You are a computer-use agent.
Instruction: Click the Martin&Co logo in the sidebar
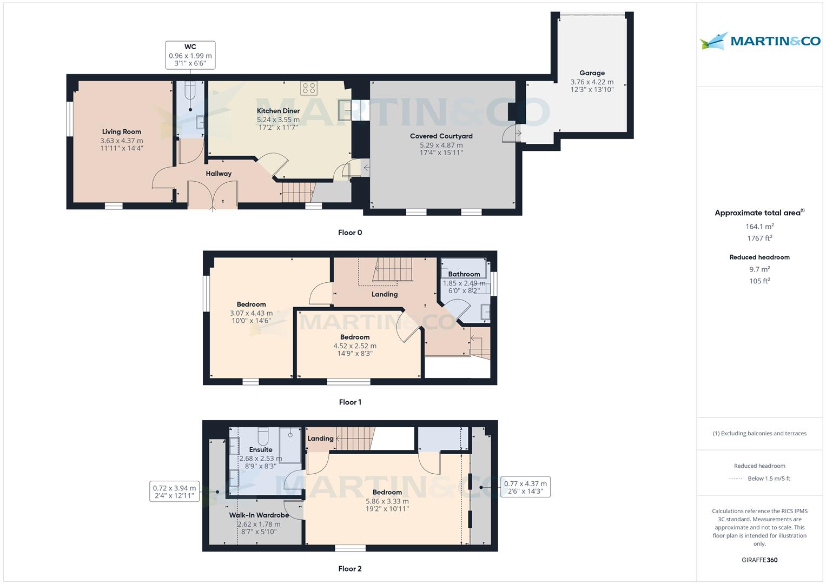click(759, 42)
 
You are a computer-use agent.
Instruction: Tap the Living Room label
click(122, 131)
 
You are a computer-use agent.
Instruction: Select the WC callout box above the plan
click(190, 55)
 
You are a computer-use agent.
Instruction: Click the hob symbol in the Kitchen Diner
click(309, 88)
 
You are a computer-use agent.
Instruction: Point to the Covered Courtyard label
click(441, 136)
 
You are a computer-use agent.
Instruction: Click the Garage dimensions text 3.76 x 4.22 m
click(592, 82)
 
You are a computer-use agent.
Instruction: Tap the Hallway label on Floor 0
click(219, 174)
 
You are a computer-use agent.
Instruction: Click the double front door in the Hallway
click(213, 195)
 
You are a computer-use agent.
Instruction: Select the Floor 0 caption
click(350, 233)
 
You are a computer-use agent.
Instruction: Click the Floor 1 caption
click(350, 402)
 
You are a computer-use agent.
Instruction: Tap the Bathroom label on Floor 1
click(464, 274)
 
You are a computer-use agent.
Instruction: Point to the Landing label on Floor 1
click(385, 294)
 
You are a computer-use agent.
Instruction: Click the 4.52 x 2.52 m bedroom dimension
click(355, 346)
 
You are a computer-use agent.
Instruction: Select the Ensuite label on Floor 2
click(261, 450)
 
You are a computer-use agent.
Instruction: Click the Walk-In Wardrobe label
click(259, 515)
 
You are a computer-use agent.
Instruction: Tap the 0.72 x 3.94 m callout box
click(174, 492)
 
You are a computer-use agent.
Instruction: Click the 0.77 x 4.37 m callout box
click(525, 488)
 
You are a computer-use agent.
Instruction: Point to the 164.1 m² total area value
click(759, 227)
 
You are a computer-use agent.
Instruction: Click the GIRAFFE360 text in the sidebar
click(759, 560)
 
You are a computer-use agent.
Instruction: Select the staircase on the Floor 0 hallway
click(298, 192)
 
